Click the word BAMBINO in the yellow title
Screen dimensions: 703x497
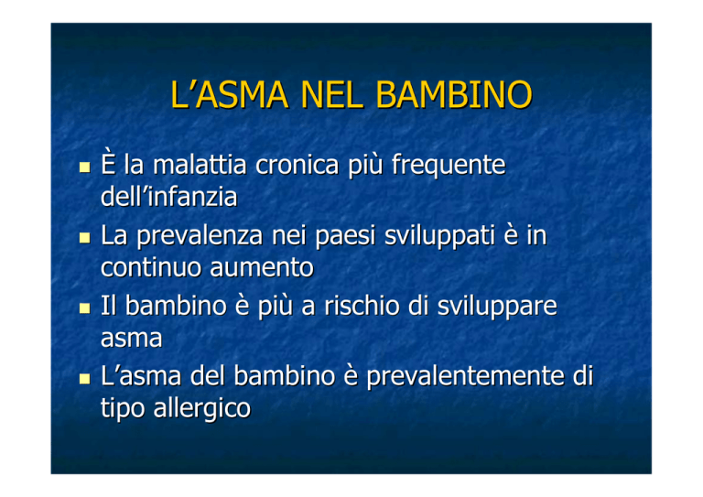454,95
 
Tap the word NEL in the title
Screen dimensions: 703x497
331,95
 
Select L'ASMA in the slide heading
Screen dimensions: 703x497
229,95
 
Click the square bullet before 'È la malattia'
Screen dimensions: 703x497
84,167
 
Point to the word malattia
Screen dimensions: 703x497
200,165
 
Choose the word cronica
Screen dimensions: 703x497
297,165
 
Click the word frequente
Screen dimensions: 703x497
449,166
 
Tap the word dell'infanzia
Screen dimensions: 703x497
168,197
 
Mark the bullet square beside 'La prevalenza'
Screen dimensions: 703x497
84,238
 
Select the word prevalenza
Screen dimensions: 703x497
200,236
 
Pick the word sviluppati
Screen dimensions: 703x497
439,236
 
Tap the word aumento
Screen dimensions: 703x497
262,268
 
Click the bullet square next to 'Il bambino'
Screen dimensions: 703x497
84,308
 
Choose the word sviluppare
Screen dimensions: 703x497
497,307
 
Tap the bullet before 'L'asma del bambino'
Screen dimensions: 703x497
84,379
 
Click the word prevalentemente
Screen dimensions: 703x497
464,376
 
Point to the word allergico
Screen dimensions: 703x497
201,409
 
